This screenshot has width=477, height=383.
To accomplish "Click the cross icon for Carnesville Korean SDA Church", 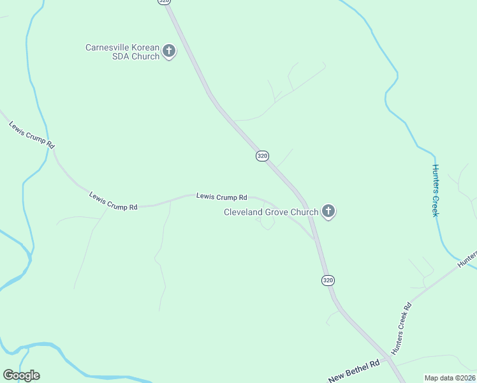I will pyautogui.click(x=169, y=51).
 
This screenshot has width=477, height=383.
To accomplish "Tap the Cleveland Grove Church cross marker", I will pyautogui.click(x=328, y=211).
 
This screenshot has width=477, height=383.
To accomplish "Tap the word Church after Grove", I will pyautogui.click(x=304, y=212).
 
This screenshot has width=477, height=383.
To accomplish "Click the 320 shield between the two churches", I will pyautogui.click(x=262, y=156).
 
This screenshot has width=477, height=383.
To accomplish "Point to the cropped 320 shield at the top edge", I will pyautogui.click(x=165, y=2).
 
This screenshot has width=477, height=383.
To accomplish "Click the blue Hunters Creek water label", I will pyautogui.click(x=436, y=190).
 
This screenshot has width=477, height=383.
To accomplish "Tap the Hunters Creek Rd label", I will pyautogui.click(x=401, y=328).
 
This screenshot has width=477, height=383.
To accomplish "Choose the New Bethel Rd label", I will pyautogui.click(x=354, y=371).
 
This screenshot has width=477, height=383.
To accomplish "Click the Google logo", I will pyautogui.click(x=21, y=375).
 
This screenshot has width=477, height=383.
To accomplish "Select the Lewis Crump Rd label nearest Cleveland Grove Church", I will pyautogui.click(x=221, y=197).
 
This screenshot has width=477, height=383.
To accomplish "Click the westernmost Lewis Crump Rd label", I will pyautogui.click(x=32, y=134).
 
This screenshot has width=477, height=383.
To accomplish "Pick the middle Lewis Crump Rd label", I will pyautogui.click(x=114, y=201).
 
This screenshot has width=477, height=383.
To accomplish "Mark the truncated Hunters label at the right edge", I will pyautogui.click(x=467, y=258).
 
